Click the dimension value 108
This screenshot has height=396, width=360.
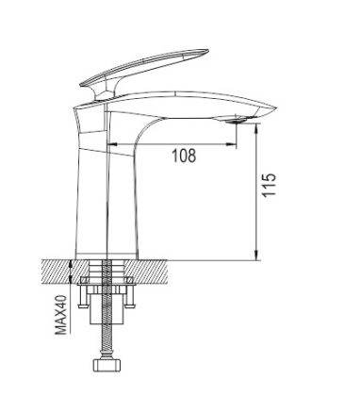click(185, 157)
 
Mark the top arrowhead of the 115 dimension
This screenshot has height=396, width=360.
click(256, 125)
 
